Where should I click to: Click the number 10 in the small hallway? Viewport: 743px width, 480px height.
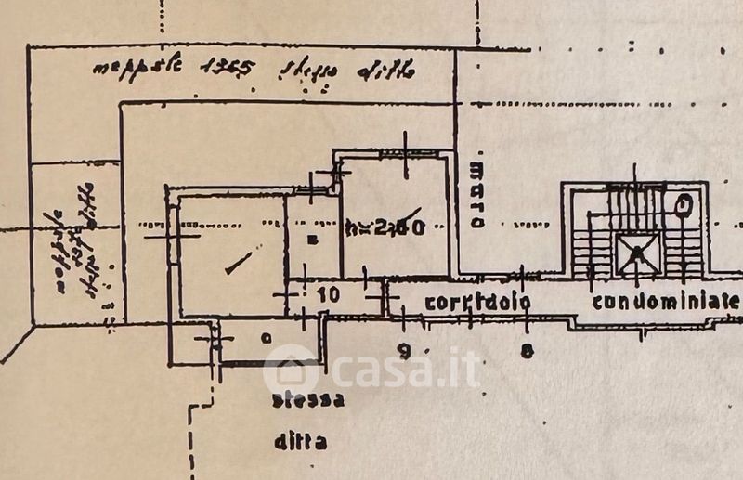328,294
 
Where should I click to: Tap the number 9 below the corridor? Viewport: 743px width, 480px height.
403,350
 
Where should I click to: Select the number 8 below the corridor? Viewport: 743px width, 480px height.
527,350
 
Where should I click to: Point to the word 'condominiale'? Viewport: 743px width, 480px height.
666,301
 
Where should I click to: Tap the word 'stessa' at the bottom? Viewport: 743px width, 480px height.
308,402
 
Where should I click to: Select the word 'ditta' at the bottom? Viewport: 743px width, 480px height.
300,443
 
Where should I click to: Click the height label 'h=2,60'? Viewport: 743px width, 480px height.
385,227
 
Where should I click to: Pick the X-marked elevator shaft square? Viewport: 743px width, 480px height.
639,251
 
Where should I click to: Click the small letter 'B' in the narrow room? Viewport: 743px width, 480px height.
312,240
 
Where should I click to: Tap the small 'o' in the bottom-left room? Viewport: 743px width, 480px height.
267,338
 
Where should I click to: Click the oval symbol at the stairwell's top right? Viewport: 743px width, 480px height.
684,201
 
